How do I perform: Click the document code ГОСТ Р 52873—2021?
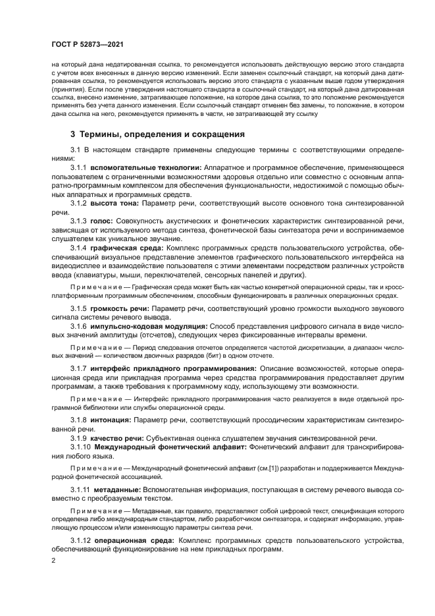pos(86,43)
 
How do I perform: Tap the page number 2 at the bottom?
pos(54,561)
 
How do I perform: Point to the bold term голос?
pos(102,221)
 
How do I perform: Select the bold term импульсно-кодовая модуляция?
pos(149,326)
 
